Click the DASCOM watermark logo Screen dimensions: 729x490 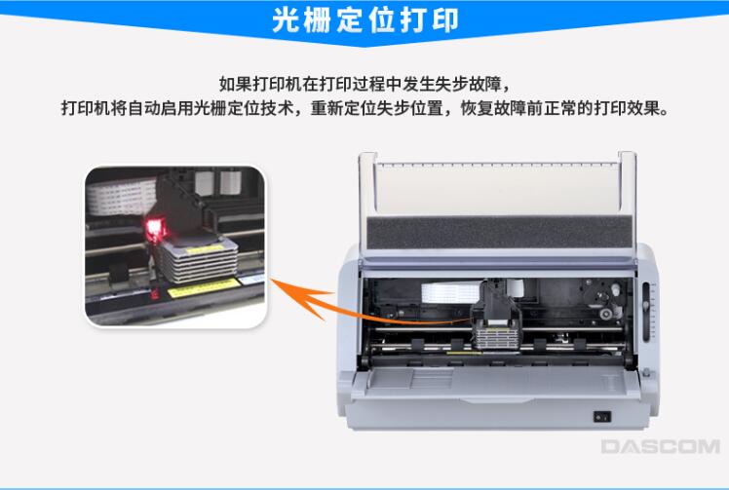(x=660, y=446)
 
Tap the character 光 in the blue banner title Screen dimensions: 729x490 (x=286, y=20)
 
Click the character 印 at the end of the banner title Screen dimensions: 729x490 (x=445, y=20)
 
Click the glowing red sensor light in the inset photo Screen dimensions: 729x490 (x=155, y=228)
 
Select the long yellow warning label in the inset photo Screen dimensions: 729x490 (x=203, y=287)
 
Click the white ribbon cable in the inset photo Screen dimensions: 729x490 (x=122, y=196)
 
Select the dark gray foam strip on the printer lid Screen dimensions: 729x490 (x=500, y=232)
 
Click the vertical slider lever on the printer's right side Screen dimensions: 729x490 (x=646, y=310)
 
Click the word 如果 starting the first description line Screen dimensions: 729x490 (x=235, y=85)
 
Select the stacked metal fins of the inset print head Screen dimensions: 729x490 (x=199, y=263)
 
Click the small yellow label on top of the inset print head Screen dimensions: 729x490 (x=205, y=248)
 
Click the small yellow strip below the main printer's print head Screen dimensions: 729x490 (x=464, y=353)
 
